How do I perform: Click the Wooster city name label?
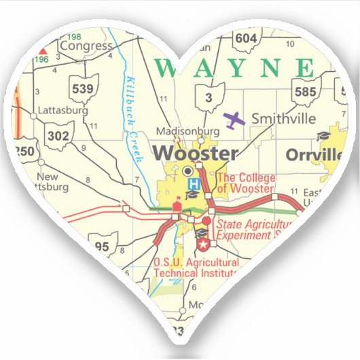point(196,153)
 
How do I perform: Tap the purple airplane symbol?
point(234,120)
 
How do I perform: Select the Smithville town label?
point(283,119)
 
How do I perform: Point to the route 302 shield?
point(58,135)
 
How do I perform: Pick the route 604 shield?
point(245,38)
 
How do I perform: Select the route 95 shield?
point(103,246)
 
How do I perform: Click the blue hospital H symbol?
point(194,183)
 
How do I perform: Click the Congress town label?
point(86,46)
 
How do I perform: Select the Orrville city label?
point(313,154)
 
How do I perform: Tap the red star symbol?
point(202,243)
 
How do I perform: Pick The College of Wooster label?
point(245,183)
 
